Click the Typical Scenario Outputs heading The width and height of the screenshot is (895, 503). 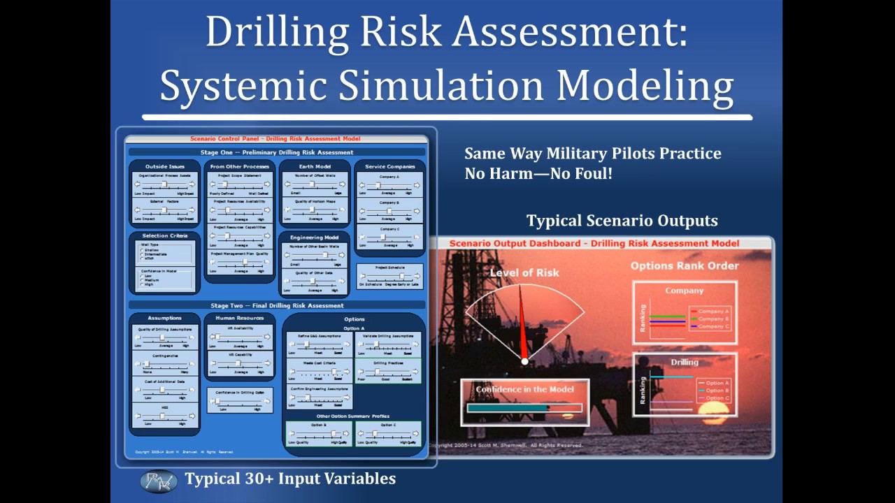click(x=622, y=221)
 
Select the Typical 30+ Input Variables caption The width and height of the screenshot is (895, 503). click(x=290, y=479)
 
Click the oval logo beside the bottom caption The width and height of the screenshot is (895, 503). click(x=159, y=481)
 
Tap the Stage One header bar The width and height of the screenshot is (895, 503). click(x=277, y=152)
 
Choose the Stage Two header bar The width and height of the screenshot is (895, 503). click(x=277, y=305)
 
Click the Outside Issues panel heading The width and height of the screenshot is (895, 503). click(x=165, y=166)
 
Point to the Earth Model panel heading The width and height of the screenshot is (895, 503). click(x=315, y=166)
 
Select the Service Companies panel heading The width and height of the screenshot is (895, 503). click(x=389, y=166)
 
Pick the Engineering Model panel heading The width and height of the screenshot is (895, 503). click(x=315, y=238)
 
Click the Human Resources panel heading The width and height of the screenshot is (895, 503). click(x=240, y=318)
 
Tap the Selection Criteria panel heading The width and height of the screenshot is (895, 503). click(x=165, y=235)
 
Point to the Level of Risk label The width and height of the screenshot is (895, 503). click(x=524, y=272)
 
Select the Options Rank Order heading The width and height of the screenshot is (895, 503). click(x=685, y=265)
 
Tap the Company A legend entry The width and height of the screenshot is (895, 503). click(x=713, y=312)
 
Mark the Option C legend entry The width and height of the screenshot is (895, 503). click(x=717, y=398)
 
